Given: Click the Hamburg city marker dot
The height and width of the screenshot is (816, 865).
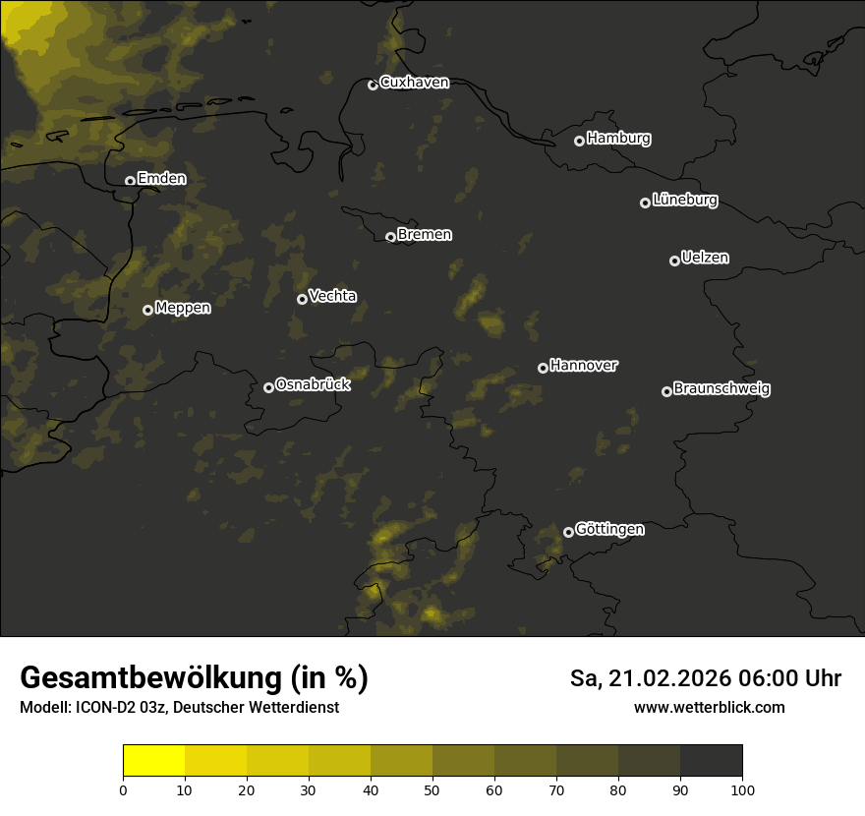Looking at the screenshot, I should click(x=579, y=141).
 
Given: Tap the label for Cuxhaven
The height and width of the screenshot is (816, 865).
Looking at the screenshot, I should click(x=414, y=83).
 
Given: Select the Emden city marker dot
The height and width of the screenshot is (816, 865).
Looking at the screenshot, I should click(x=130, y=181).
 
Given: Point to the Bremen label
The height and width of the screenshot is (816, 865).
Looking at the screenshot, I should click(x=425, y=235).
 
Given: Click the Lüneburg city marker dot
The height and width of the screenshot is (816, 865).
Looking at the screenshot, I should click(x=645, y=203).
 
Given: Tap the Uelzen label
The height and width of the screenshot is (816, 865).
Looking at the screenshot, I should click(x=705, y=258).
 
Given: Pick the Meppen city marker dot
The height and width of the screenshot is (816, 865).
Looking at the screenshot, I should click(x=147, y=310).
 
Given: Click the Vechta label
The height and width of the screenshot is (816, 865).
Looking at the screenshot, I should click(x=332, y=296).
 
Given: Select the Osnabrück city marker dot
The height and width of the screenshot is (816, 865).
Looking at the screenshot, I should click(x=268, y=387).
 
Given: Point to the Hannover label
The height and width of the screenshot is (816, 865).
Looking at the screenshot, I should click(x=584, y=366).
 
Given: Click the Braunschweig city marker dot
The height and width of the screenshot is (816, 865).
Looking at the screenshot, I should click(x=666, y=391).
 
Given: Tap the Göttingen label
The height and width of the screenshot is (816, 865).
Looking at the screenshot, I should click(x=609, y=530).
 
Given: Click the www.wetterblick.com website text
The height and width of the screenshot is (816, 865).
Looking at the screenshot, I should click(x=710, y=707).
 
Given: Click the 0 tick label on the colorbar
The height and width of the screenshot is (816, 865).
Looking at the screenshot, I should click(x=123, y=789).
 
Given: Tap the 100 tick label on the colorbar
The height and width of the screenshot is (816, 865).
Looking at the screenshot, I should click(x=742, y=789).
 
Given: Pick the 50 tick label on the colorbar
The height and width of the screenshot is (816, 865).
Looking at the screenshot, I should click(x=432, y=789).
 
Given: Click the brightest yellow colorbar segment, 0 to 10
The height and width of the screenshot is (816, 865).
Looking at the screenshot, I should click(x=153, y=761).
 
